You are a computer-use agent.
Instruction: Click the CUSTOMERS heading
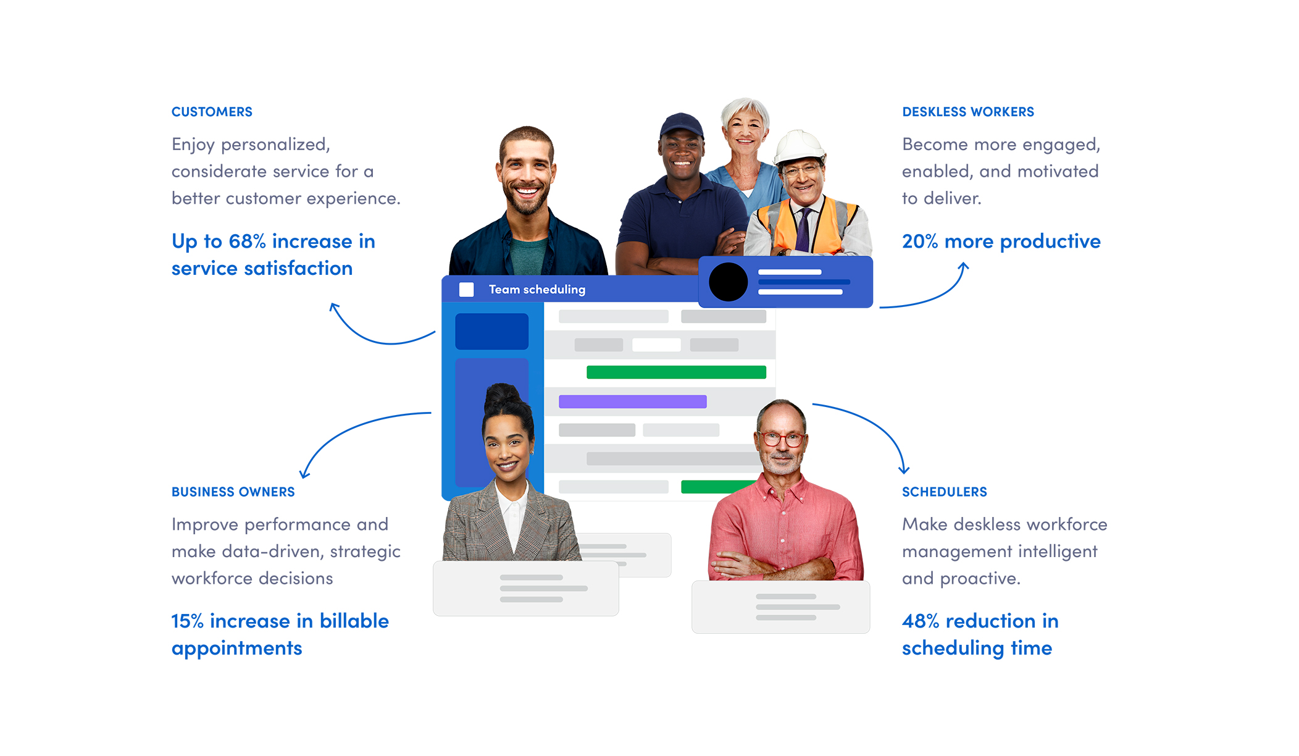[x=212, y=112]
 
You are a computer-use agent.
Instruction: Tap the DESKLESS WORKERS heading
[x=967, y=112]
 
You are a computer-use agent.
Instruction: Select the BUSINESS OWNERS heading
[x=233, y=492]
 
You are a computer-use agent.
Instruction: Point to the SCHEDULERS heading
[x=944, y=492]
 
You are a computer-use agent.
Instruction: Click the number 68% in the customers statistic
[x=247, y=241]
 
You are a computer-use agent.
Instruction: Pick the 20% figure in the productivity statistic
[x=920, y=241]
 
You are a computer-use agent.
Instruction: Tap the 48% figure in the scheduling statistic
[x=920, y=621]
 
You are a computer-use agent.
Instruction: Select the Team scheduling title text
[x=537, y=289]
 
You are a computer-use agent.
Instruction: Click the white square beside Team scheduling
[x=466, y=289]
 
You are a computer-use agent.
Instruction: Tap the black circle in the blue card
[x=729, y=282]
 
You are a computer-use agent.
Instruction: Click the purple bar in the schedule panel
[x=632, y=401]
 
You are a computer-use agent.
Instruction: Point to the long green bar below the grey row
[x=676, y=372]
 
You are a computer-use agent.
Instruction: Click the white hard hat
[x=799, y=146]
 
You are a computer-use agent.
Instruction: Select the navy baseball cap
[x=682, y=125]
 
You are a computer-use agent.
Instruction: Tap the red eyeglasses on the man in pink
[x=782, y=439]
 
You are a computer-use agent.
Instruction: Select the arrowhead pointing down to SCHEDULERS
[x=904, y=470]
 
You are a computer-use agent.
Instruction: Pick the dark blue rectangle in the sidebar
[x=491, y=331]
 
